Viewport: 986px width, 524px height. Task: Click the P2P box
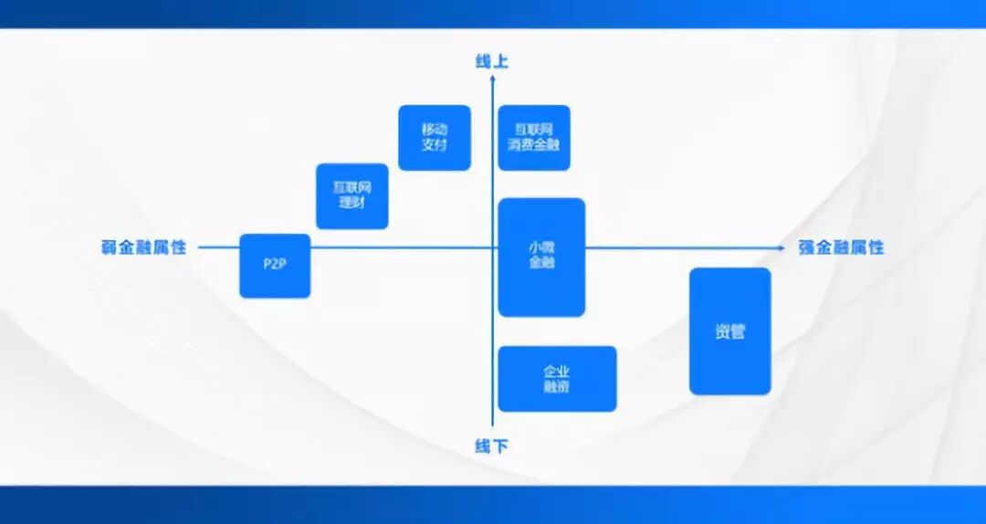point(275,266)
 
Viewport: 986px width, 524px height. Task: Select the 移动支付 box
point(435,138)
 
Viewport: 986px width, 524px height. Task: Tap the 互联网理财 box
point(352,196)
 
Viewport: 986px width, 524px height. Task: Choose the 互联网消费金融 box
point(534,138)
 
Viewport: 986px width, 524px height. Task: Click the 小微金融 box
point(541,257)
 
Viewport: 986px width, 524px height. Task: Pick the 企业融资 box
point(557,379)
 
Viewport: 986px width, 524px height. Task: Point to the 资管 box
point(729,331)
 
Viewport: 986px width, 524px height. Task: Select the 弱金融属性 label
point(143,247)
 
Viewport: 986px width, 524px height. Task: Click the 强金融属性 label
point(841,247)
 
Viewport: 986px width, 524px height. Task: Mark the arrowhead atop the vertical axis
point(492,79)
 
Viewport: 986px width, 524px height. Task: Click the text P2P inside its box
point(275,266)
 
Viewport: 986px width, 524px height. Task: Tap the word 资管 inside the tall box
point(729,332)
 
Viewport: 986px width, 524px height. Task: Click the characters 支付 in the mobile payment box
point(435,145)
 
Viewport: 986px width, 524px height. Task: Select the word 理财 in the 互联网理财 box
point(352,204)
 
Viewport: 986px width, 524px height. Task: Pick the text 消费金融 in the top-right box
point(534,145)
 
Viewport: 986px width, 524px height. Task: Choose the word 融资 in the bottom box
point(557,387)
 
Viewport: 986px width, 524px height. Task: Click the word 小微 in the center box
point(541,248)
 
